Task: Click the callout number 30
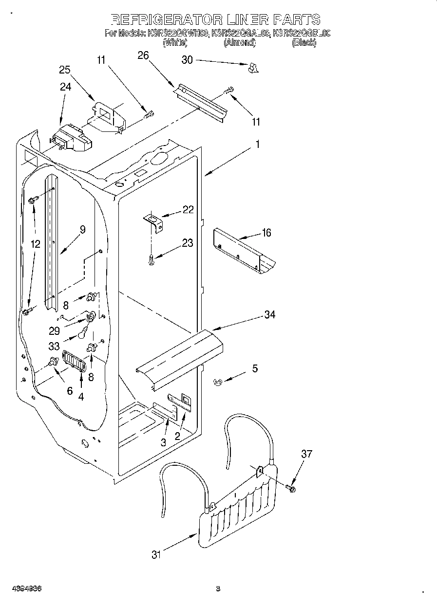[x=187, y=60]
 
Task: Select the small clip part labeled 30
[x=252, y=68]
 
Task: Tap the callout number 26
[x=143, y=55]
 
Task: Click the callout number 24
[x=65, y=87]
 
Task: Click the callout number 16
[x=266, y=233]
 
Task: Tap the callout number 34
[x=269, y=315]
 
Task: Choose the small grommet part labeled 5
[x=218, y=383]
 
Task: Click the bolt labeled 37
[x=291, y=487]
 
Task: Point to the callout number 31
[x=156, y=554]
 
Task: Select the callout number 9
[x=82, y=230]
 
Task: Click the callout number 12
[x=35, y=244]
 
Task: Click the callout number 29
[x=54, y=330]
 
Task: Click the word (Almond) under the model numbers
[x=239, y=43]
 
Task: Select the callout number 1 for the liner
[x=257, y=145]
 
